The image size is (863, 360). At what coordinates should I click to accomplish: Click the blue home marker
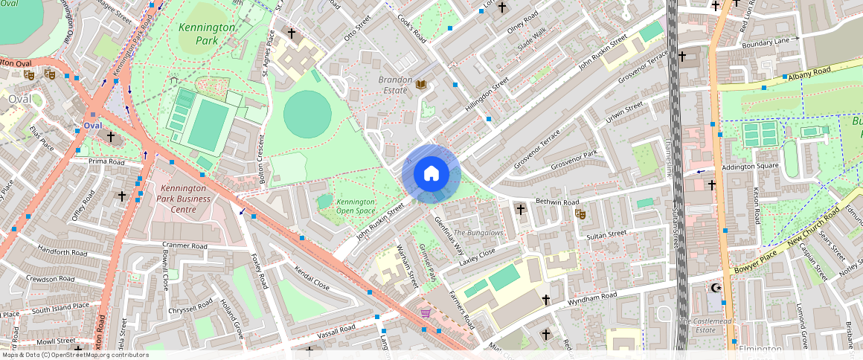point(431,174)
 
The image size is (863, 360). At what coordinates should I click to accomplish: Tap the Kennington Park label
point(207,34)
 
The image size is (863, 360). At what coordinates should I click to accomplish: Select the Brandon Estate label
point(395,85)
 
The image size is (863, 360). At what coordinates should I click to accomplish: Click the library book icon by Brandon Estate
point(421,86)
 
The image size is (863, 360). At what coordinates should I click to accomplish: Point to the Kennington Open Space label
point(356,206)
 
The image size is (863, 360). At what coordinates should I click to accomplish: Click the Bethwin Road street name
point(556,202)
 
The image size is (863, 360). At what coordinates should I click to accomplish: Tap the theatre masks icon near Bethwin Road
point(580,214)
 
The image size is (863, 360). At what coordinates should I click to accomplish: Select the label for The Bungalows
point(479,233)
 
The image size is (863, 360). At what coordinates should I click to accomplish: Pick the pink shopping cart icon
point(425,313)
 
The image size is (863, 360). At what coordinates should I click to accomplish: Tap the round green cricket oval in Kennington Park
point(307,114)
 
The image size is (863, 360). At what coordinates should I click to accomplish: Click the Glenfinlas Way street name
point(449,235)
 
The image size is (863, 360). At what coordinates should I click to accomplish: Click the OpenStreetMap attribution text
point(74,355)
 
